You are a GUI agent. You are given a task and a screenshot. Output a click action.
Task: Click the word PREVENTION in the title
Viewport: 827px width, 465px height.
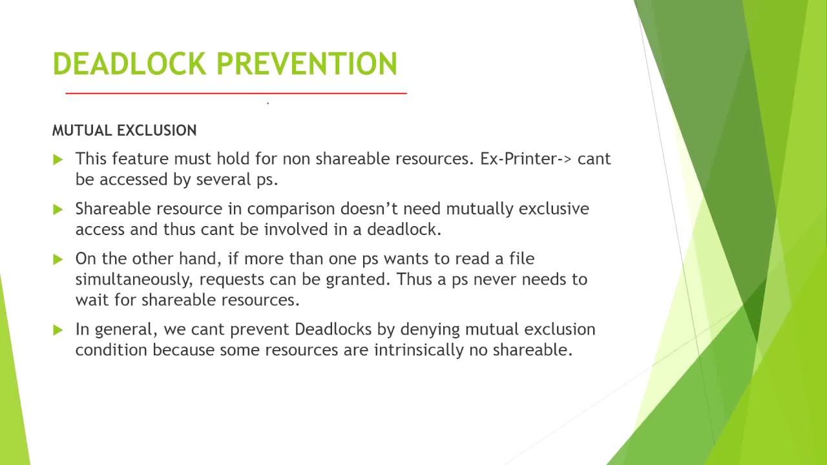[x=306, y=64]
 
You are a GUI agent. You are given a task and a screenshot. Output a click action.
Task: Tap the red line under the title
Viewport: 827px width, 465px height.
[x=236, y=94]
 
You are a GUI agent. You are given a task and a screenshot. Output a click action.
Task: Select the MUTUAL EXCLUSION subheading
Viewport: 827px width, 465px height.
[x=124, y=130]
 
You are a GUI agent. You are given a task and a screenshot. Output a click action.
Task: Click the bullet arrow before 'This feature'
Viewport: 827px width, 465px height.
[x=58, y=160]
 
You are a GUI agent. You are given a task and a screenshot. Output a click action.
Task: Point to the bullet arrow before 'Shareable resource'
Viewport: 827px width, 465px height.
[x=58, y=209]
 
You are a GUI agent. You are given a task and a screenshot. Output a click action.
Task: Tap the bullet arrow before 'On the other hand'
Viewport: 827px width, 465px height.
[x=58, y=259]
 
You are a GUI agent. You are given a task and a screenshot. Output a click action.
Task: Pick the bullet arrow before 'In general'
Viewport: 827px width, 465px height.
[x=58, y=329]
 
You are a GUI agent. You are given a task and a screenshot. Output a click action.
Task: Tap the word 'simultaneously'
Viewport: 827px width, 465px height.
[x=134, y=280]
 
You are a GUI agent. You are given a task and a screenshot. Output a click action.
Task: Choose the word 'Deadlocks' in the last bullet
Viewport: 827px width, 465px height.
[x=333, y=329]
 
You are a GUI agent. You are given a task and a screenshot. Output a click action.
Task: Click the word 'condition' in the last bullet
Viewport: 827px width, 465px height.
[x=112, y=350]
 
